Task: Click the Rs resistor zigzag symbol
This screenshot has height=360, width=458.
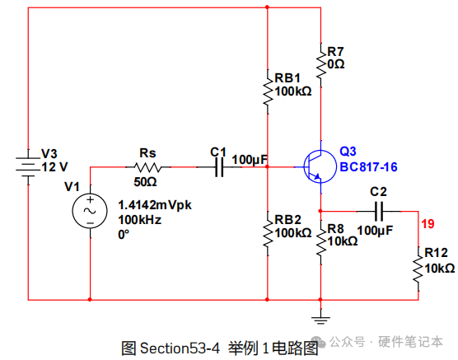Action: [148, 167]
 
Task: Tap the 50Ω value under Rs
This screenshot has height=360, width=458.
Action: [145, 182]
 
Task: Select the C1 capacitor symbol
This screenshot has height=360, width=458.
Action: [219, 167]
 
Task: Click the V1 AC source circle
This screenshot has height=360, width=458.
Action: [90, 211]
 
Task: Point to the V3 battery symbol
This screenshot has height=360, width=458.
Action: [28, 167]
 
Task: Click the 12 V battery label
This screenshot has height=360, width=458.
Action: [54, 167]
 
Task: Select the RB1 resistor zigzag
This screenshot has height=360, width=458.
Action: [268, 91]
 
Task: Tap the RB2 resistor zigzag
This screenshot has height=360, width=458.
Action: [268, 234]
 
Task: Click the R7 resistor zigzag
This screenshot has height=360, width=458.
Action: [321, 65]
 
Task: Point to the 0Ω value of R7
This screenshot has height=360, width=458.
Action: [336, 64]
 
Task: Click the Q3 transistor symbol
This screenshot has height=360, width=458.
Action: [319, 167]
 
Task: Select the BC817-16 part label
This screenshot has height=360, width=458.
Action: [368, 167]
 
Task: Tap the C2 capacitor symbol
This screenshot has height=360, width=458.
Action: [379, 211]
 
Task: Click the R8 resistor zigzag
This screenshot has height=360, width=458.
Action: [321, 242]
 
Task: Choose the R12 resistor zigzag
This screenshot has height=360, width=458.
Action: [418, 269]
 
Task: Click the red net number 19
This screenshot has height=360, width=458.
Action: [428, 224]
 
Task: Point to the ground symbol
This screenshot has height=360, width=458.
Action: [320, 320]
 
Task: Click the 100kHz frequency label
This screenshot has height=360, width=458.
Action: [139, 220]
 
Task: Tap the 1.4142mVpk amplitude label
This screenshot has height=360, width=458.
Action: [155, 205]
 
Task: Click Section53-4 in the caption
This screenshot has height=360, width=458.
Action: [180, 348]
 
